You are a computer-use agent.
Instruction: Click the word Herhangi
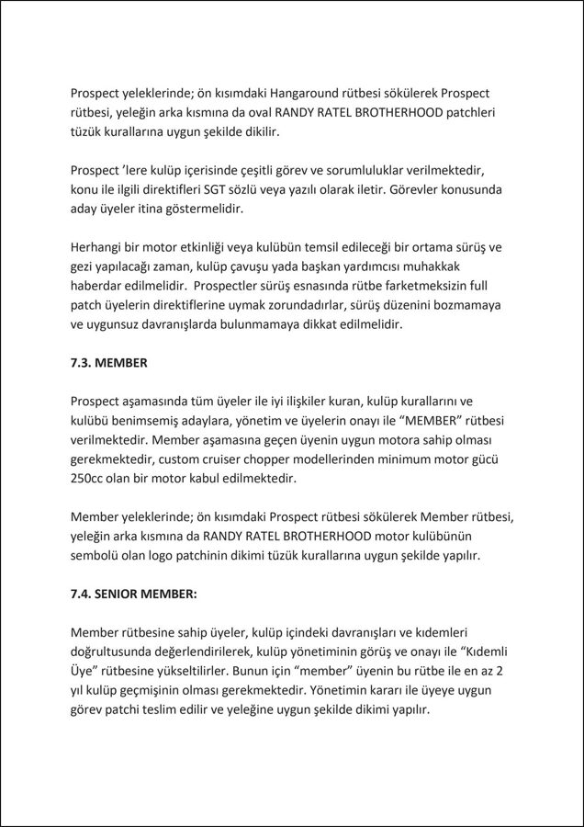tap(99, 247)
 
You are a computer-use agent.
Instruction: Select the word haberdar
tap(98, 286)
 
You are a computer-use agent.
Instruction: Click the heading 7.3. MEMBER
tap(108, 363)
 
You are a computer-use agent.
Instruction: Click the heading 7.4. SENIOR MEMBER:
tap(133, 594)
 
